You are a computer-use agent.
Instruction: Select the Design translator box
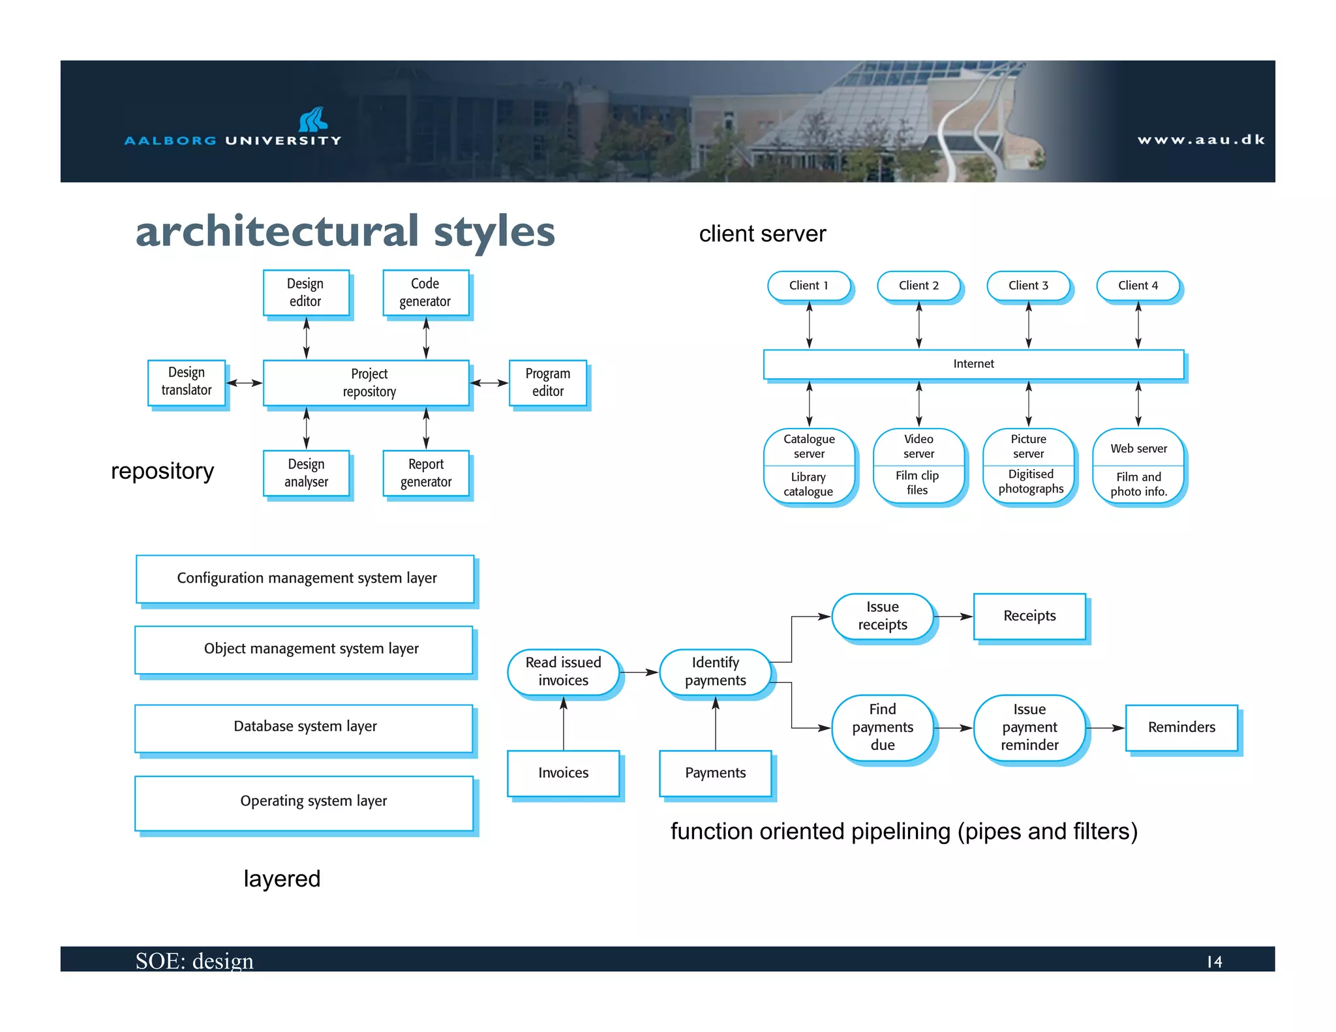(x=187, y=382)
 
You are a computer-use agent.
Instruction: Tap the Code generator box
(x=425, y=293)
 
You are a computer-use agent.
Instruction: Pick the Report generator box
(x=425, y=473)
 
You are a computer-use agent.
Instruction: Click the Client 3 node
(x=1028, y=286)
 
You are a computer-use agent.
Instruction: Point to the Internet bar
(x=973, y=364)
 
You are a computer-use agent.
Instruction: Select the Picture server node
(x=1029, y=447)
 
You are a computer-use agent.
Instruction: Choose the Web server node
(x=1138, y=449)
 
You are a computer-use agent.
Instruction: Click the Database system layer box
(x=304, y=727)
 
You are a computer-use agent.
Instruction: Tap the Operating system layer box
(x=304, y=802)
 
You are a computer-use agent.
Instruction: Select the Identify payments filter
(x=716, y=671)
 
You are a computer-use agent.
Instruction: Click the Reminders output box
(x=1181, y=727)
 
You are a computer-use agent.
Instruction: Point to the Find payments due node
(x=883, y=727)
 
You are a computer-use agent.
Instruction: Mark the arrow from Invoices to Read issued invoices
(x=564, y=724)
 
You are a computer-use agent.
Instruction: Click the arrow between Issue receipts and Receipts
(x=954, y=616)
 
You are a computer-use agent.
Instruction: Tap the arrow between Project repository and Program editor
(x=489, y=383)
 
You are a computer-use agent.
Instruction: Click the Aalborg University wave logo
(x=313, y=119)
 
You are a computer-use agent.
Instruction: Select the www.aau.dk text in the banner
(x=1201, y=140)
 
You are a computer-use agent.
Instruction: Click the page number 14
(x=1214, y=962)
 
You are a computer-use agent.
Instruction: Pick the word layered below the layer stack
(x=282, y=879)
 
